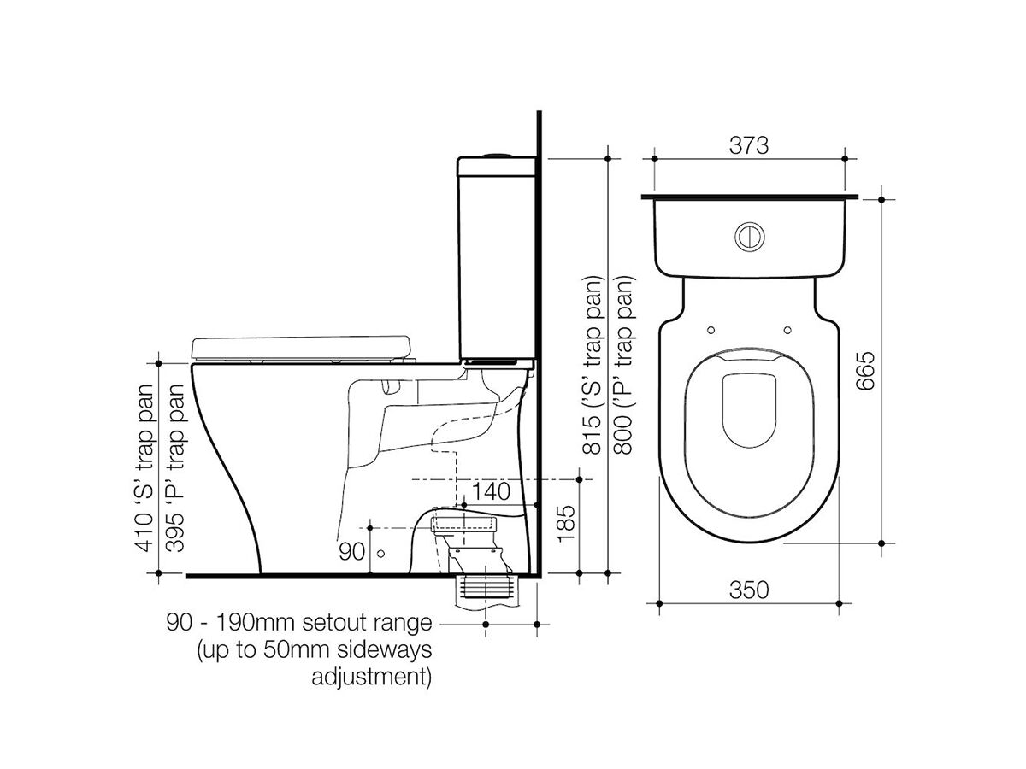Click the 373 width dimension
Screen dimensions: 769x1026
tap(750, 145)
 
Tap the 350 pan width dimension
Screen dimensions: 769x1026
tap(750, 590)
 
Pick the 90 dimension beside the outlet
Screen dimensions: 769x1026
tap(351, 552)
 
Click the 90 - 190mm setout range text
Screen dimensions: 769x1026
tap(299, 623)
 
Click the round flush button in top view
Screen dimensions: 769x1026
tap(749, 237)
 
